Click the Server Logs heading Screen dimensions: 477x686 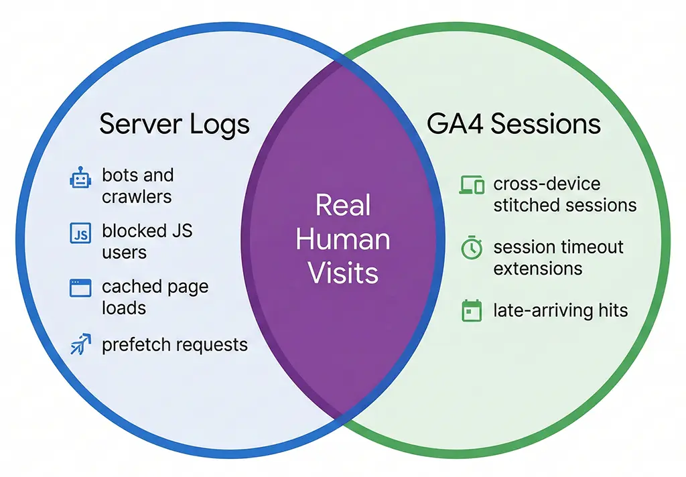(174, 125)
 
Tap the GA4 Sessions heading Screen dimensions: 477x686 (513, 125)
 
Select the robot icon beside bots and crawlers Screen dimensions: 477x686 (80, 179)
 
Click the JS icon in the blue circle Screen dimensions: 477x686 (80, 234)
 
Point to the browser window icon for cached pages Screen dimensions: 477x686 (80, 289)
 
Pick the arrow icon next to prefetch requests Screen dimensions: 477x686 (80, 346)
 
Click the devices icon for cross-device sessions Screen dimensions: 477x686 (472, 185)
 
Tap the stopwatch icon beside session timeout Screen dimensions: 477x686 (472, 249)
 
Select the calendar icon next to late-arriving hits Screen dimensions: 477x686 (472, 311)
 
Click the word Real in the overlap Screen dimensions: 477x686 (342, 205)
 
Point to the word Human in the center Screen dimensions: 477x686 (342, 239)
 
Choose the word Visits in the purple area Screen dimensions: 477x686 (342, 273)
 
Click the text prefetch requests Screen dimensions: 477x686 (175, 345)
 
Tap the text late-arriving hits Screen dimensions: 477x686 (560, 310)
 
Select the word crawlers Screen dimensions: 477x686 (137, 197)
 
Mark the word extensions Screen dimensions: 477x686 (537, 269)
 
